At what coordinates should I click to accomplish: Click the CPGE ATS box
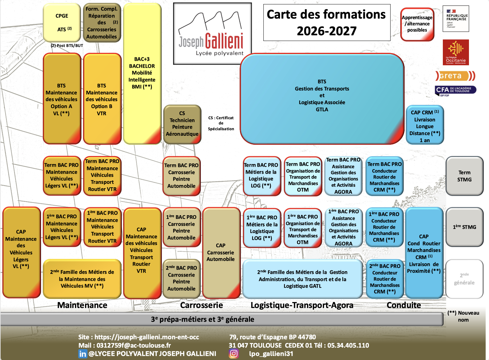62,22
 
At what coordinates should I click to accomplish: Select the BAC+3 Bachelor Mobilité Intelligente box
142,73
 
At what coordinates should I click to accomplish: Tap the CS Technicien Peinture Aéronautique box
182,124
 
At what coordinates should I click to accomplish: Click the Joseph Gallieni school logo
212,34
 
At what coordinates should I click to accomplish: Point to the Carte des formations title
327,22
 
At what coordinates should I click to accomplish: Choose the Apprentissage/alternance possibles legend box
417,24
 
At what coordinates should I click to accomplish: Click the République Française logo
456,19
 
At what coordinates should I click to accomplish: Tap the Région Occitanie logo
456,52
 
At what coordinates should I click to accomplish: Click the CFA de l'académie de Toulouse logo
456,90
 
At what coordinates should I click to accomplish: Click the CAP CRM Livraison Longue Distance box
425,124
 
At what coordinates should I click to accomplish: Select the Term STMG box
464,176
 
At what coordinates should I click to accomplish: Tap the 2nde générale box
464,279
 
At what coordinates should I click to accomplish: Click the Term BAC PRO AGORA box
343,176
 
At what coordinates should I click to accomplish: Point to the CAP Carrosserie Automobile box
221,253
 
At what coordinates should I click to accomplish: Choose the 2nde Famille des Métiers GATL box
303,279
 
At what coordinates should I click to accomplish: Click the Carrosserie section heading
201,305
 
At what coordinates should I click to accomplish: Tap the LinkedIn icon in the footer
83,354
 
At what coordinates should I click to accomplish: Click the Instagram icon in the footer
234,353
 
